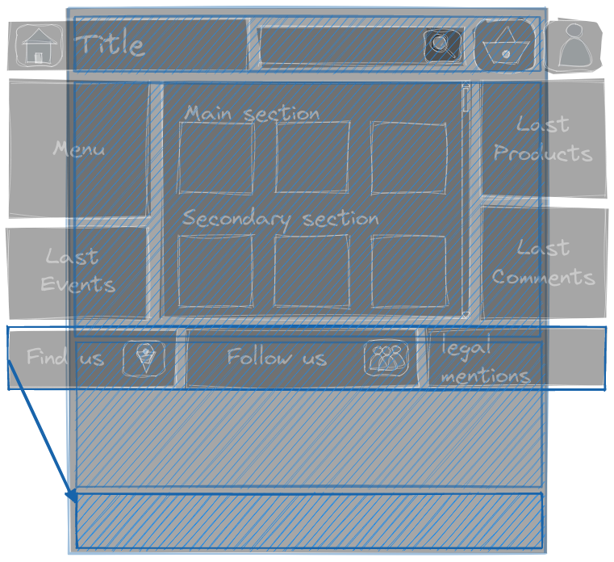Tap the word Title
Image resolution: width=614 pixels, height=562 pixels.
click(x=110, y=44)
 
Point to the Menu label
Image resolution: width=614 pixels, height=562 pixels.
click(x=78, y=149)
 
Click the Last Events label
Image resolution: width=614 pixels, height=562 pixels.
click(x=77, y=271)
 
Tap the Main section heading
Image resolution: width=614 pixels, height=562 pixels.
click(x=252, y=113)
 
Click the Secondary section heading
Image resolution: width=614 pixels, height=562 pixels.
click(x=280, y=219)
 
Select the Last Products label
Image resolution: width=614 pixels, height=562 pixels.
click(x=543, y=139)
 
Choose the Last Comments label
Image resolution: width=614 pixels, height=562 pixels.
click(x=543, y=262)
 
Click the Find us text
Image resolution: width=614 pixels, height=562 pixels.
click(x=65, y=357)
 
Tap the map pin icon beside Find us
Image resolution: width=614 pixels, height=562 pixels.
click(x=144, y=358)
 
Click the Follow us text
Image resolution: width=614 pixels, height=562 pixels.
click(x=276, y=357)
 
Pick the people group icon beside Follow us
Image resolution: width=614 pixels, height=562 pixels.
click(x=386, y=358)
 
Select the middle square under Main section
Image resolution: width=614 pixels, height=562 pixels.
click(x=312, y=157)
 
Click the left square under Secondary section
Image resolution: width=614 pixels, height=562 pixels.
click(x=215, y=271)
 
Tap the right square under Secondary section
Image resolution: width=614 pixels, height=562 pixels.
click(x=409, y=271)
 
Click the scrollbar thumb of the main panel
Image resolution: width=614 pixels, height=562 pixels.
click(x=466, y=99)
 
